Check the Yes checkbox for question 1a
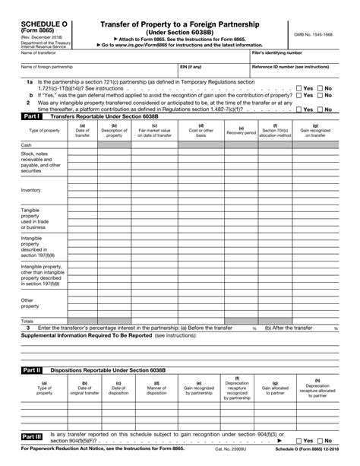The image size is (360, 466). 299,88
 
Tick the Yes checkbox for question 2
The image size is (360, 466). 299,109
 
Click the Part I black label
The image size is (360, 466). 32,116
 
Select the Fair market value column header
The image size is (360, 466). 156,130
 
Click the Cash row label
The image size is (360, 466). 27,144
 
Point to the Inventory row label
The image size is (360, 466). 31,190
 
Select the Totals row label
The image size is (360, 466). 28,322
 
